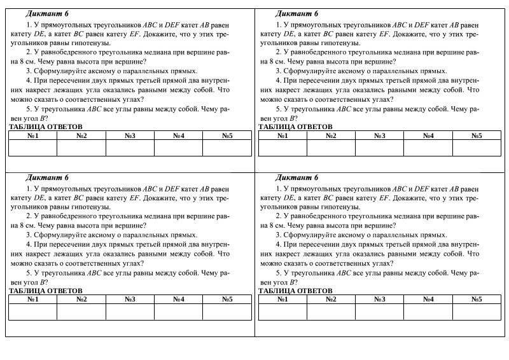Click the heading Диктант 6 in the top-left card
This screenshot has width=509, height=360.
47,13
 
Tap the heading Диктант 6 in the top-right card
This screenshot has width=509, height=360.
296,13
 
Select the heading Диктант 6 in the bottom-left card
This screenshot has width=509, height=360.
47,177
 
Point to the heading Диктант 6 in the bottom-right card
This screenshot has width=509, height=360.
296,177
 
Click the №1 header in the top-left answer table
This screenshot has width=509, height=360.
33,135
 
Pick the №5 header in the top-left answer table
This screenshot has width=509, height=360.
227,135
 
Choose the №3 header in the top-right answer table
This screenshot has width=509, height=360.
380,135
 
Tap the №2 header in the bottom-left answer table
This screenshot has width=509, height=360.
81,299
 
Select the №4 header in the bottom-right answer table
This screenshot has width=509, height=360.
428,299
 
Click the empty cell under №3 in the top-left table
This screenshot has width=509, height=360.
130,148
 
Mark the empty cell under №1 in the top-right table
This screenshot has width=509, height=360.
282,148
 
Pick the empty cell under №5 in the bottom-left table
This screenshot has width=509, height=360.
227,312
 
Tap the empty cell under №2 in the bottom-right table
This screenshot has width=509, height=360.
331,312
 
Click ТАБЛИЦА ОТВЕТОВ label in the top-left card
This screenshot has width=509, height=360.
46,127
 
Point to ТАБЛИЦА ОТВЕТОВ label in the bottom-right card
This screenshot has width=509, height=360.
296,291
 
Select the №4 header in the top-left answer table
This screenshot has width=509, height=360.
179,135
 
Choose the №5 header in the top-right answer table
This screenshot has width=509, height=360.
477,135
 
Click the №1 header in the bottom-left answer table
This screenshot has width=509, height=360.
33,299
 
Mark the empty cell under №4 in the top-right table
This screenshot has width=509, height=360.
428,148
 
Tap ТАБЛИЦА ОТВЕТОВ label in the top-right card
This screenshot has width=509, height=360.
296,127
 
